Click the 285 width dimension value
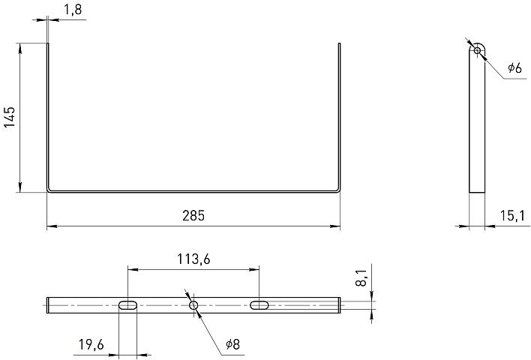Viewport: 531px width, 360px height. click(x=193, y=216)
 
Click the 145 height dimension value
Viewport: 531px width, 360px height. click(x=10, y=117)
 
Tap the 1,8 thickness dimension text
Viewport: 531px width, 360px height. click(x=73, y=10)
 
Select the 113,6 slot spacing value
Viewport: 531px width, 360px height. click(x=193, y=259)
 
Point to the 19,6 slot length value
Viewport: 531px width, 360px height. click(x=91, y=345)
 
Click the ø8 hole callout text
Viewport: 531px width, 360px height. click(x=233, y=344)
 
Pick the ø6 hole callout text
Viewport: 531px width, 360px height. click(x=514, y=68)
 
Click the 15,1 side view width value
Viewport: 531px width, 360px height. click(x=512, y=215)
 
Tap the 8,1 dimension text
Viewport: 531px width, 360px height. click(x=361, y=278)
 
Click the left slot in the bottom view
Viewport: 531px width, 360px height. click(x=127, y=305)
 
